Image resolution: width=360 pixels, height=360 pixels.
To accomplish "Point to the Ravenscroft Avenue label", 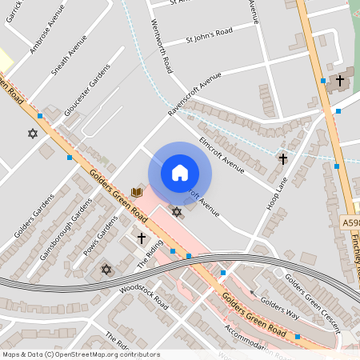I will click(194, 95).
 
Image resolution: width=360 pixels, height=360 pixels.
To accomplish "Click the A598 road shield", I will click(350, 222).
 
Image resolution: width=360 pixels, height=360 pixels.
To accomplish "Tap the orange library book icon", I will click(137, 192).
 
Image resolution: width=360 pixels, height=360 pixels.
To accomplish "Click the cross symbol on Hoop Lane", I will click(282, 159).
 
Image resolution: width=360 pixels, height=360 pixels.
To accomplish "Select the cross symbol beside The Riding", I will click(142, 238).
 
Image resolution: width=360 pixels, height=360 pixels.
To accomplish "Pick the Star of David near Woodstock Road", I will click(106, 270).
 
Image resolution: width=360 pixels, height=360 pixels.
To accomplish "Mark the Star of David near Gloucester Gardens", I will click(33, 134).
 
